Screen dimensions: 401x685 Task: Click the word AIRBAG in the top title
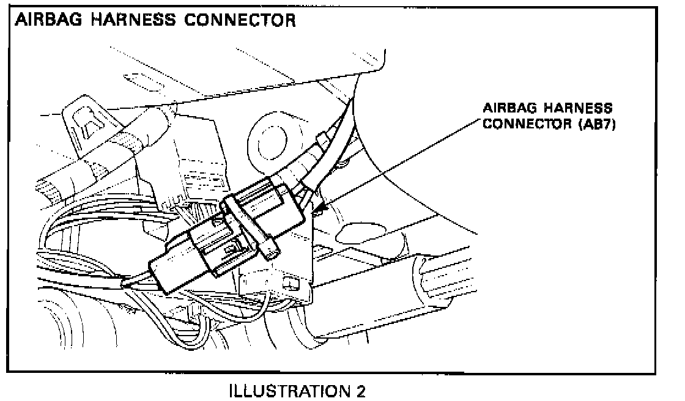(48, 20)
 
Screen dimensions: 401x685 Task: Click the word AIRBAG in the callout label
(506, 108)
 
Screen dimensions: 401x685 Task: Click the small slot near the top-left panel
(138, 79)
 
